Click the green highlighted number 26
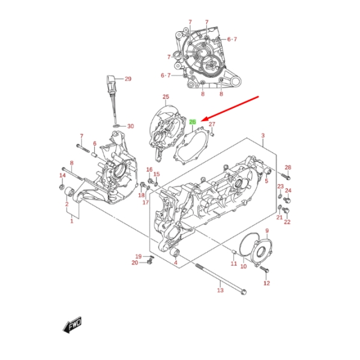(193, 122)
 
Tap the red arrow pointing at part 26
(232, 108)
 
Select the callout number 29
(127, 79)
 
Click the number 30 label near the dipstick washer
(130, 126)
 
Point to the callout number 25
(166, 97)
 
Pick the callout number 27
(212, 125)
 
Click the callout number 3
(262, 136)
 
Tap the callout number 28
(287, 167)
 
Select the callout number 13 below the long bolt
(220, 290)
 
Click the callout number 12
(266, 283)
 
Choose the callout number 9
(266, 231)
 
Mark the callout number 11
(234, 263)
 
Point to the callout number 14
(62, 175)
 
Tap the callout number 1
(71, 221)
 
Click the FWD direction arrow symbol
(72, 326)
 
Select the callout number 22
(287, 222)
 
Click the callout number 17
(145, 202)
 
